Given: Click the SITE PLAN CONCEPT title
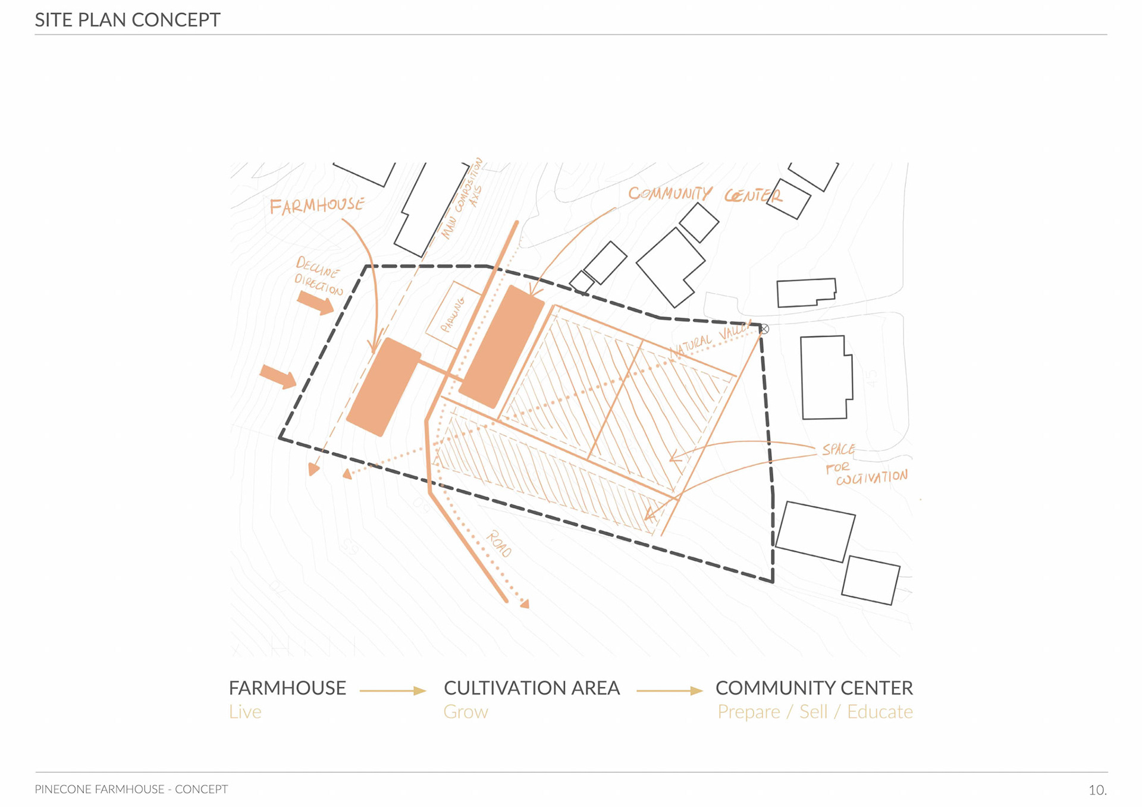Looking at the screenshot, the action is coord(127,20).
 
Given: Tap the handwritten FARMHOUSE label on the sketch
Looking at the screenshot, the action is coord(316,206).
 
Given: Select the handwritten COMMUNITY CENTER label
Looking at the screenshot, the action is coord(705,194).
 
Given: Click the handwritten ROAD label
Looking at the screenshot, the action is coord(498,544).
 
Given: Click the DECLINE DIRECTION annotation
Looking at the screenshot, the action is coord(319,277).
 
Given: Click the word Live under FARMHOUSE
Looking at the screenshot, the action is coord(245,712).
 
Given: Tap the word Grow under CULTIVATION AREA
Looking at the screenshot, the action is coord(466,712).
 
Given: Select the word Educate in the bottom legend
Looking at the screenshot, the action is coord(880,712).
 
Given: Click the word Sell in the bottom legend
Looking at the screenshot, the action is coord(813,712).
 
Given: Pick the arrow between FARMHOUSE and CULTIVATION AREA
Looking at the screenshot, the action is coord(393,690).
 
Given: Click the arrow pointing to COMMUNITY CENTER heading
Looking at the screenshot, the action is coord(669,690).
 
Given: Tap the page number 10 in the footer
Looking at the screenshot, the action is coord(1097,790).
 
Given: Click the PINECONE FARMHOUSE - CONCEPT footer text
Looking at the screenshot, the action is coord(131,789).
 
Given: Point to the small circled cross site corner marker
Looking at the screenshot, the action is coord(764,329).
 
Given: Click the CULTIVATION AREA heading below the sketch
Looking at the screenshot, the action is coord(532,688).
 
